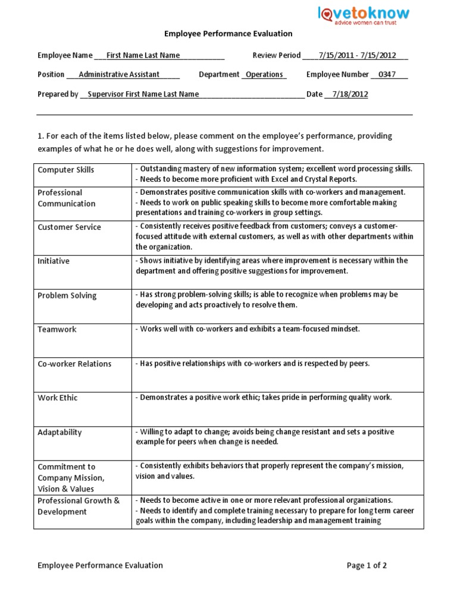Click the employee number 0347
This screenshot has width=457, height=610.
pyautogui.click(x=390, y=74)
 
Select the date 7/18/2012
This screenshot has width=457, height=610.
pyautogui.click(x=350, y=94)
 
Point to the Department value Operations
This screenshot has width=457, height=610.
pyautogui.click(x=264, y=74)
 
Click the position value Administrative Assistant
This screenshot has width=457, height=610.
pyautogui.click(x=119, y=74)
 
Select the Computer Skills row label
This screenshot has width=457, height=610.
pyautogui.click(x=66, y=170)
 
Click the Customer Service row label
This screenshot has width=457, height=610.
pyautogui.click(x=69, y=227)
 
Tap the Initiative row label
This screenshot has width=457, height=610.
pyautogui.click(x=54, y=261)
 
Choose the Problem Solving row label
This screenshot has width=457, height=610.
pyautogui.click(x=67, y=295)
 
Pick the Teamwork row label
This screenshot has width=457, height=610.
pyautogui.click(x=57, y=329)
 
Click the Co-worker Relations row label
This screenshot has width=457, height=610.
pyautogui.click(x=74, y=364)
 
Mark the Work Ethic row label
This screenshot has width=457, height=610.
pyautogui.click(x=58, y=398)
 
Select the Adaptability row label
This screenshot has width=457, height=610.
pyautogui.click(x=60, y=432)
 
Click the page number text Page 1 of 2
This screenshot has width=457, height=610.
pyautogui.click(x=367, y=565)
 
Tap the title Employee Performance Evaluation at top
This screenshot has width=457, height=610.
pyautogui.click(x=228, y=35)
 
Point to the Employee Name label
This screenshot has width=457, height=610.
pyautogui.click(x=65, y=55)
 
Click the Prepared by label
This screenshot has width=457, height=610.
pyautogui.click(x=58, y=94)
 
